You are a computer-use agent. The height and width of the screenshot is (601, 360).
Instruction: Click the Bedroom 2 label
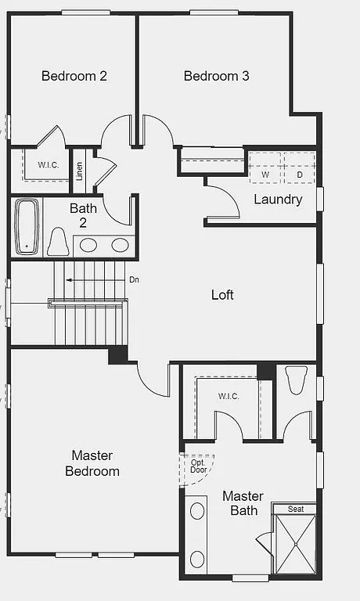coord(74,76)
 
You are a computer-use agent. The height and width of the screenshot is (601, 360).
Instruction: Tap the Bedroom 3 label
coord(217,76)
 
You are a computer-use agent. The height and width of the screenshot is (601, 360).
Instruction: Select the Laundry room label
coord(278,199)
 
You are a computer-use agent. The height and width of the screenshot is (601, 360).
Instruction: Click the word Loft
coord(222,295)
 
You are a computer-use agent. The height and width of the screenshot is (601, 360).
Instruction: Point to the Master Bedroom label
coord(92,463)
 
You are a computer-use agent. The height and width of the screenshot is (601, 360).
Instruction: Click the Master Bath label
coord(243,503)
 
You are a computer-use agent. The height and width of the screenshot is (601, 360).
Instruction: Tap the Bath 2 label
coord(83,215)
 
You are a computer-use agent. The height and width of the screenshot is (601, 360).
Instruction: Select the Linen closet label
coord(79,171)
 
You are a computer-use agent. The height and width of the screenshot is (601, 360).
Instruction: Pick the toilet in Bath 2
coord(58,243)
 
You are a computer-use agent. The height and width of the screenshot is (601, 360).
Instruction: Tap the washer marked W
coord(265,175)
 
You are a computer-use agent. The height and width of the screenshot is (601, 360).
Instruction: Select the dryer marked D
coord(298,175)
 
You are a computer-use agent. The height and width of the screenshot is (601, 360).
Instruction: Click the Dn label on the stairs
coord(134,279)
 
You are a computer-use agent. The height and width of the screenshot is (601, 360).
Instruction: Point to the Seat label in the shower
coord(296,509)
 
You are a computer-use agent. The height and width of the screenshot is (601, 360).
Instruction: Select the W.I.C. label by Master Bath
coord(229,396)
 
